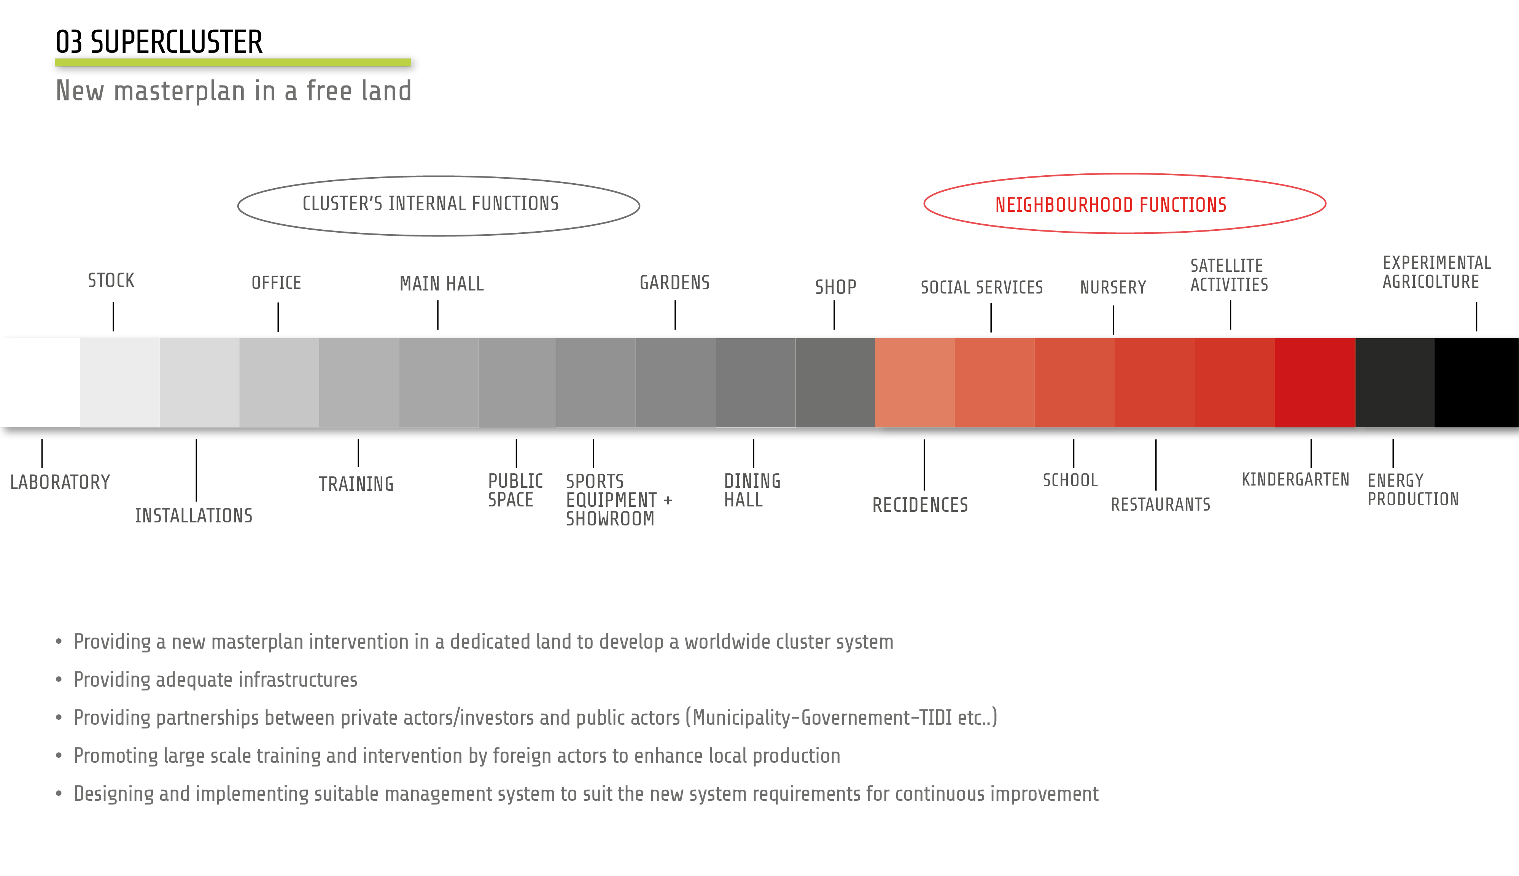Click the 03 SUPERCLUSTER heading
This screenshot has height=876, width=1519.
pyautogui.click(x=159, y=42)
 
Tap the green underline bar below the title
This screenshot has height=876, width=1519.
pyautogui.click(x=233, y=62)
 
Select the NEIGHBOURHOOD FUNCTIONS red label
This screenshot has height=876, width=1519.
pyautogui.click(x=1110, y=205)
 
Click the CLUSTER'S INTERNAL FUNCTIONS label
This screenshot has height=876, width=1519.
pyautogui.click(x=430, y=204)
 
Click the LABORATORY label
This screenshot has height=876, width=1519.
pyautogui.click(x=60, y=482)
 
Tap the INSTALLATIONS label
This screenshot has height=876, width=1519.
pyautogui.click(x=194, y=516)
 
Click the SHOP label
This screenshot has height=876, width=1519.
pyautogui.click(x=835, y=287)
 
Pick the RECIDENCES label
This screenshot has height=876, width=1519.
pyautogui.click(x=920, y=505)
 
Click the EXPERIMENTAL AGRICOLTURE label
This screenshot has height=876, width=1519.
pyautogui.click(x=1436, y=272)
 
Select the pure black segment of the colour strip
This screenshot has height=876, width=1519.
pyautogui.click(x=1476, y=382)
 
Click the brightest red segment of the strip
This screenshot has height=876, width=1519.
pyautogui.click(x=1315, y=382)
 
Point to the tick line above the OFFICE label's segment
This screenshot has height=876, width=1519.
pyautogui.click(x=278, y=317)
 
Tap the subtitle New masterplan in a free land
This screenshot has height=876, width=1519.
pyautogui.click(x=234, y=91)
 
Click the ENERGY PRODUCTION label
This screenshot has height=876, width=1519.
pyautogui.click(x=1413, y=490)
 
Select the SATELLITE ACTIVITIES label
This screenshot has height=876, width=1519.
pyautogui.click(x=1229, y=275)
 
